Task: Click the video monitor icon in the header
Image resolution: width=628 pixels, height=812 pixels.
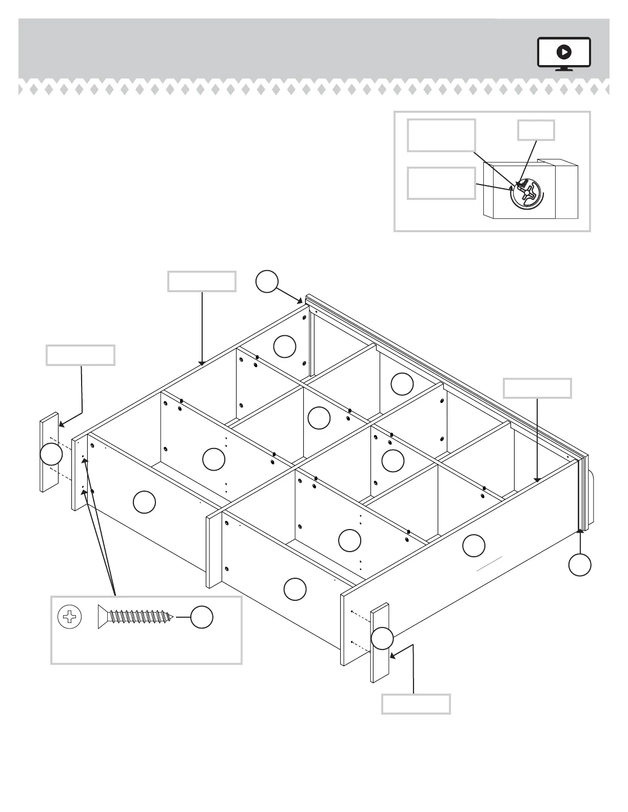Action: point(564,53)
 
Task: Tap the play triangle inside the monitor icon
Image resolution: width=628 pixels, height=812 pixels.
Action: point(564,52)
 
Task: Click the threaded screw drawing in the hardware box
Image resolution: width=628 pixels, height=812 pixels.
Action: point(136,617)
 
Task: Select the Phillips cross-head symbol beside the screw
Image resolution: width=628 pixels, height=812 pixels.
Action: point(70,617)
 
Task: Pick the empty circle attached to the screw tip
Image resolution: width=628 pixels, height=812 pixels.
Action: point(202,617)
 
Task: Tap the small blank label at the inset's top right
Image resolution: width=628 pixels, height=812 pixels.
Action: point(536,130)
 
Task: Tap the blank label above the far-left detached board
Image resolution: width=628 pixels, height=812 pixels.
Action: point(81,355)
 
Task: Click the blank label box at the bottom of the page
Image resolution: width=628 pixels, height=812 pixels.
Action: point(416,704)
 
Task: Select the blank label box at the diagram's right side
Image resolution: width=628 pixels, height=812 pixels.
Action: point(537,388)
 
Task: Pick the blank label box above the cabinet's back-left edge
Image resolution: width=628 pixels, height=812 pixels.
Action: point(202,281)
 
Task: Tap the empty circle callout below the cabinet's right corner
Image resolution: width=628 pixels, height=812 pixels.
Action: point(580,564)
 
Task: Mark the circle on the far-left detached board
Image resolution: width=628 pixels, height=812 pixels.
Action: point(51,454)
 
